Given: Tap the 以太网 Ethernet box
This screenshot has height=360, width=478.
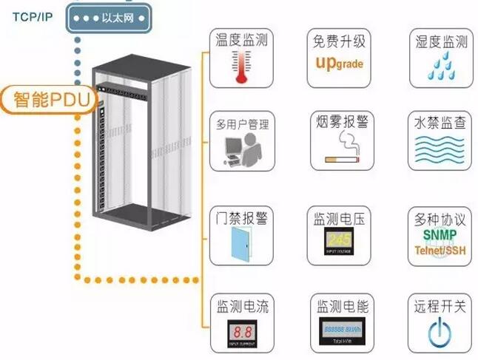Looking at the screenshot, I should tap(112, 16).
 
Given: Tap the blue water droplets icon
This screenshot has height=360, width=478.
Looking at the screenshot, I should tap(439, 67).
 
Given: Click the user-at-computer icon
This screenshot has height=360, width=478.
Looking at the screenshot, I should tap(238, 151).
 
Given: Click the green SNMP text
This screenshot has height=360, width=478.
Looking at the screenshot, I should tap(439, 233).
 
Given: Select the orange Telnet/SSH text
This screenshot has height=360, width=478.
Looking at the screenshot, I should tap(439, 248).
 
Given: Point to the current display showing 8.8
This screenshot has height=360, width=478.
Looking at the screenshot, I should tap(238, 330).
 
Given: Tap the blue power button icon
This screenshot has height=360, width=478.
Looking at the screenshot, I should tap(439, 331).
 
